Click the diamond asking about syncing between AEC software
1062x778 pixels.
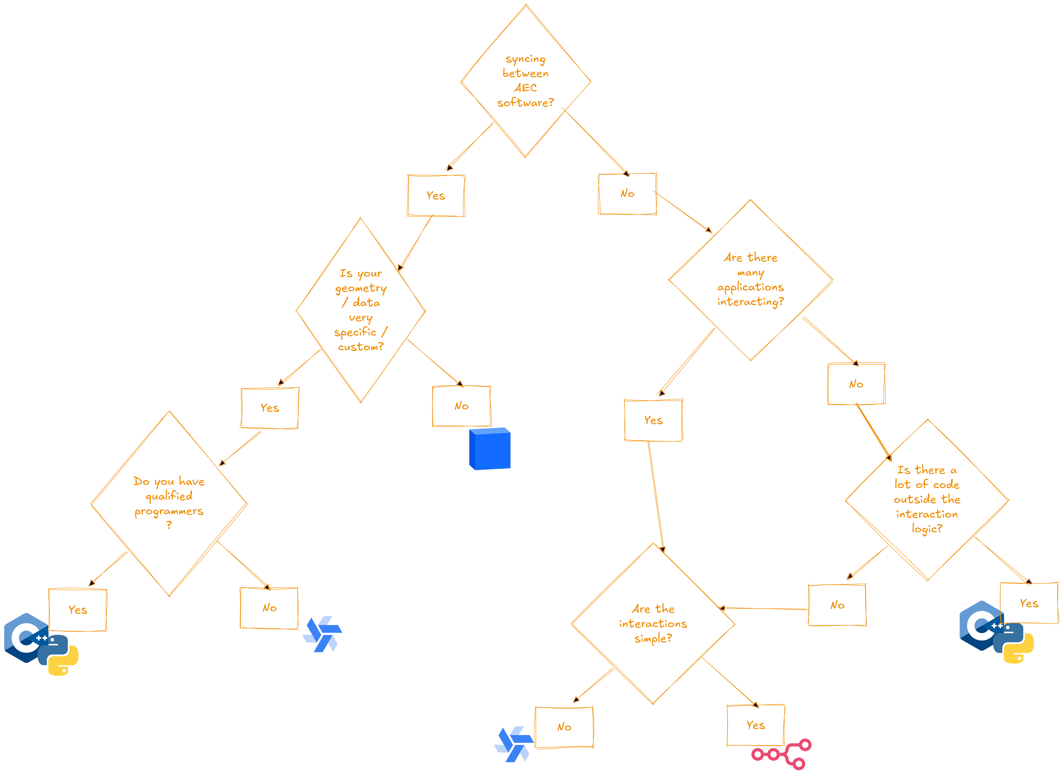(525, 81)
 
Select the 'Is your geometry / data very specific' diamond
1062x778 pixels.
(361, 310)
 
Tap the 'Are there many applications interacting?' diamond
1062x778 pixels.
(750, 280)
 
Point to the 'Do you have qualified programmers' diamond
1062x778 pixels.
(169, 503)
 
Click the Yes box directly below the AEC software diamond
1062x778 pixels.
(436, 195)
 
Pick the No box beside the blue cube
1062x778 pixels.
(461, 406)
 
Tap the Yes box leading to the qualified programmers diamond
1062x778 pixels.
(270, 408)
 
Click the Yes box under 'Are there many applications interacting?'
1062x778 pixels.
(653, 420)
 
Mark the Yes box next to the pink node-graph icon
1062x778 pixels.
(756, 725)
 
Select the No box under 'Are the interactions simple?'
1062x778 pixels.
(564, 727)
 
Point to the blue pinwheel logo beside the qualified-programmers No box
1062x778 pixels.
(322, 634)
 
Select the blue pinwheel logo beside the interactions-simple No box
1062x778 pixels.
(514, 744)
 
